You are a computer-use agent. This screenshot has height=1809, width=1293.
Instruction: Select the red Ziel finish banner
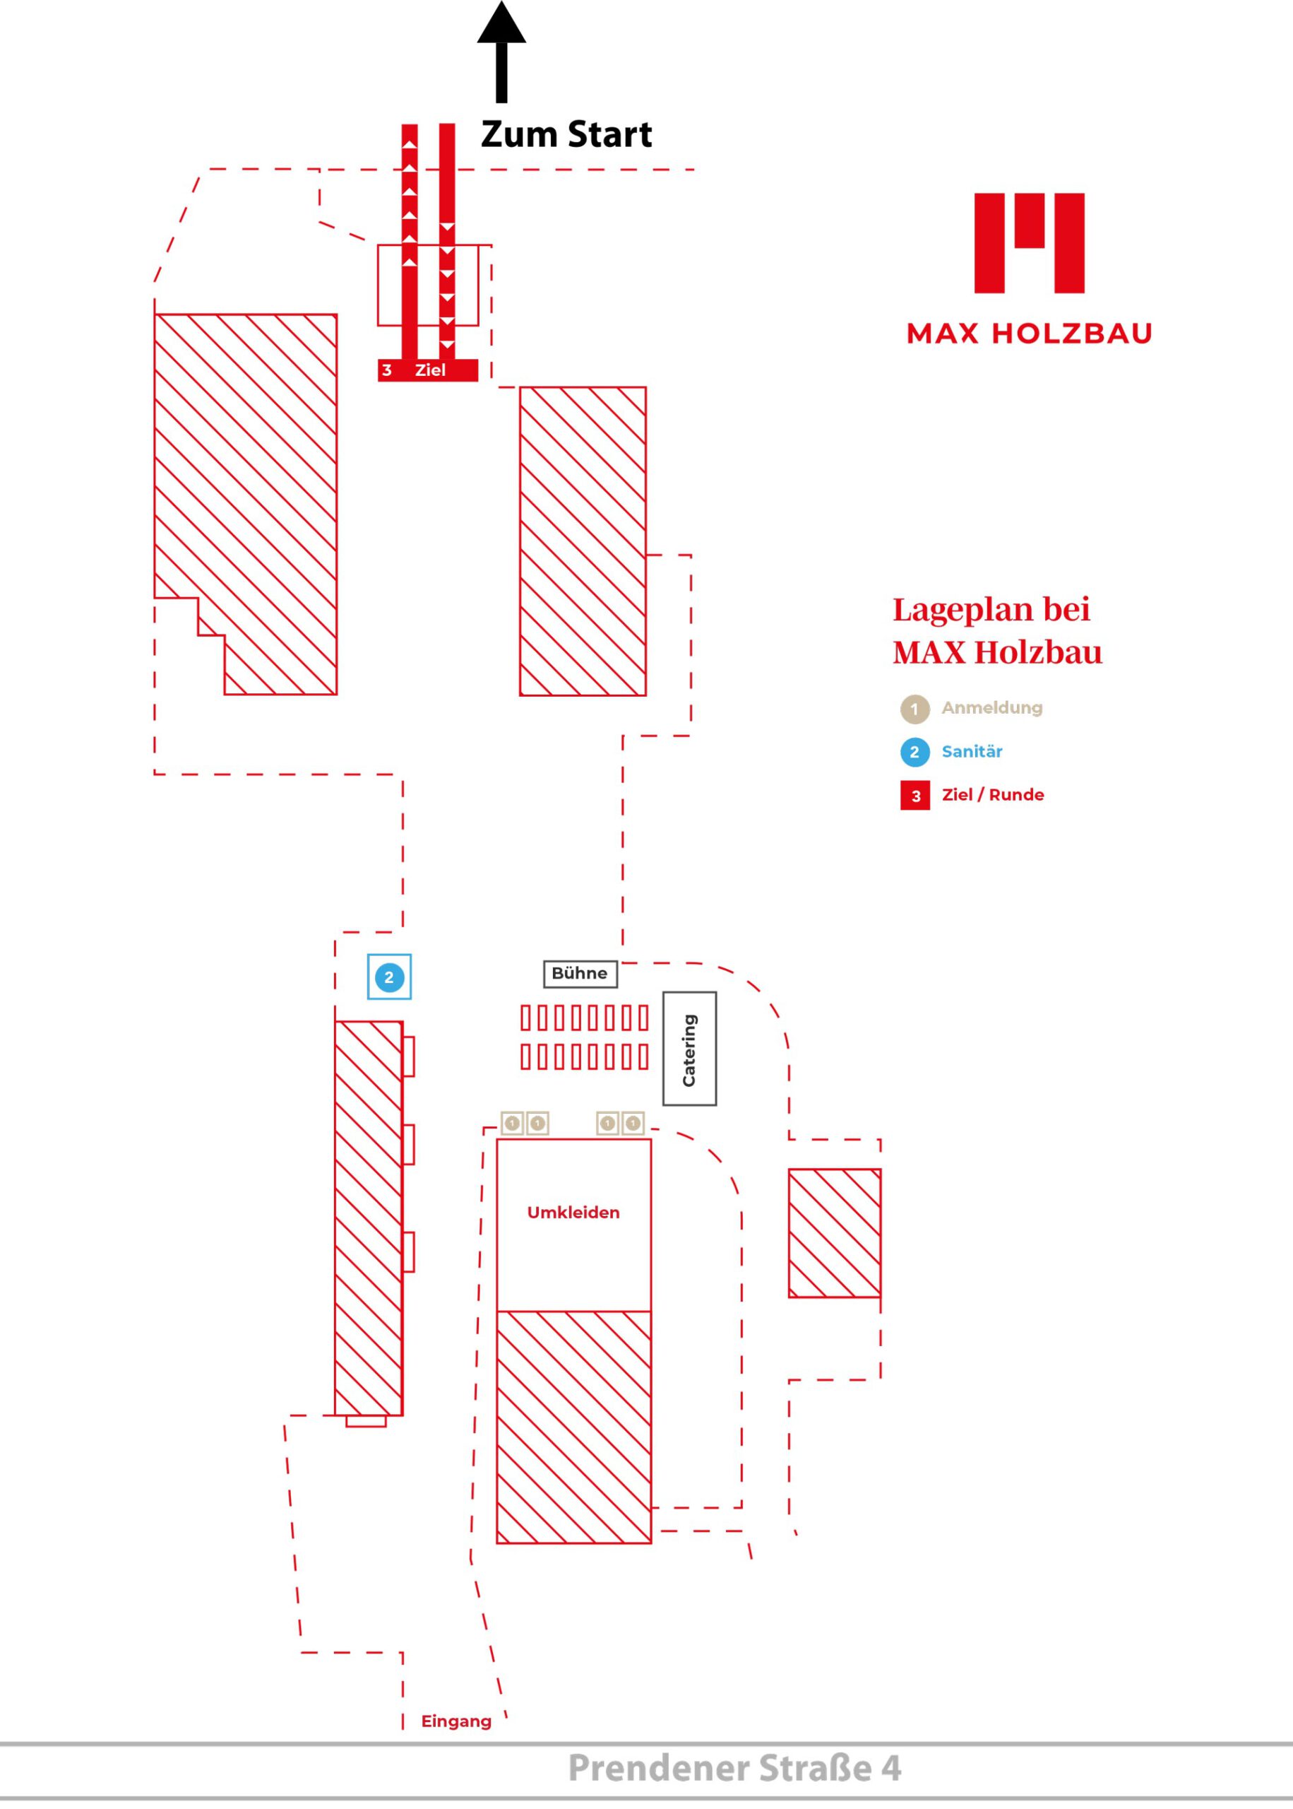point(427,370)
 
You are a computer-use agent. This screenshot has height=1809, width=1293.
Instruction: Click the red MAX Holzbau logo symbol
point(1030,242)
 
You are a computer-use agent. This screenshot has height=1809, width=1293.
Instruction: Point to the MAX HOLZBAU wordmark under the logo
point(1030,333)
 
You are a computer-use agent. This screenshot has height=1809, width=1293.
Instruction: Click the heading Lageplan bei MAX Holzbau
point(997,631)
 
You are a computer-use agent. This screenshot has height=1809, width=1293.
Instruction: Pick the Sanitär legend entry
point(951,751)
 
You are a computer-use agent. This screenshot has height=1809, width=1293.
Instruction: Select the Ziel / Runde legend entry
point(972,795)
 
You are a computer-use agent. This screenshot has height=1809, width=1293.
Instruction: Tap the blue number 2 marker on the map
point(389,977)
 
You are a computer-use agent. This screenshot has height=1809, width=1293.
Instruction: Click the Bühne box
point(580,974)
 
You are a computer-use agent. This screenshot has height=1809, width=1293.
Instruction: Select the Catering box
point(689,1048)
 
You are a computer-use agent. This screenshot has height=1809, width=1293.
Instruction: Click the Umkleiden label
point(573,1213)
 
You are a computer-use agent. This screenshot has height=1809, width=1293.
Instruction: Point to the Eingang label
point(456,1721)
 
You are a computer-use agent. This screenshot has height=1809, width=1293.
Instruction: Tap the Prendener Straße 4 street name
point(735,1769)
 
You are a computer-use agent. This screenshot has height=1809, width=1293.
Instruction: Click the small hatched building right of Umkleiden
point(835,1234)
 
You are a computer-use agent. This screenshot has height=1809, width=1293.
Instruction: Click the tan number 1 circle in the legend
point(914,708)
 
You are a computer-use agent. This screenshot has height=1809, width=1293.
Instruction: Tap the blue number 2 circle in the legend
point(914,752)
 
